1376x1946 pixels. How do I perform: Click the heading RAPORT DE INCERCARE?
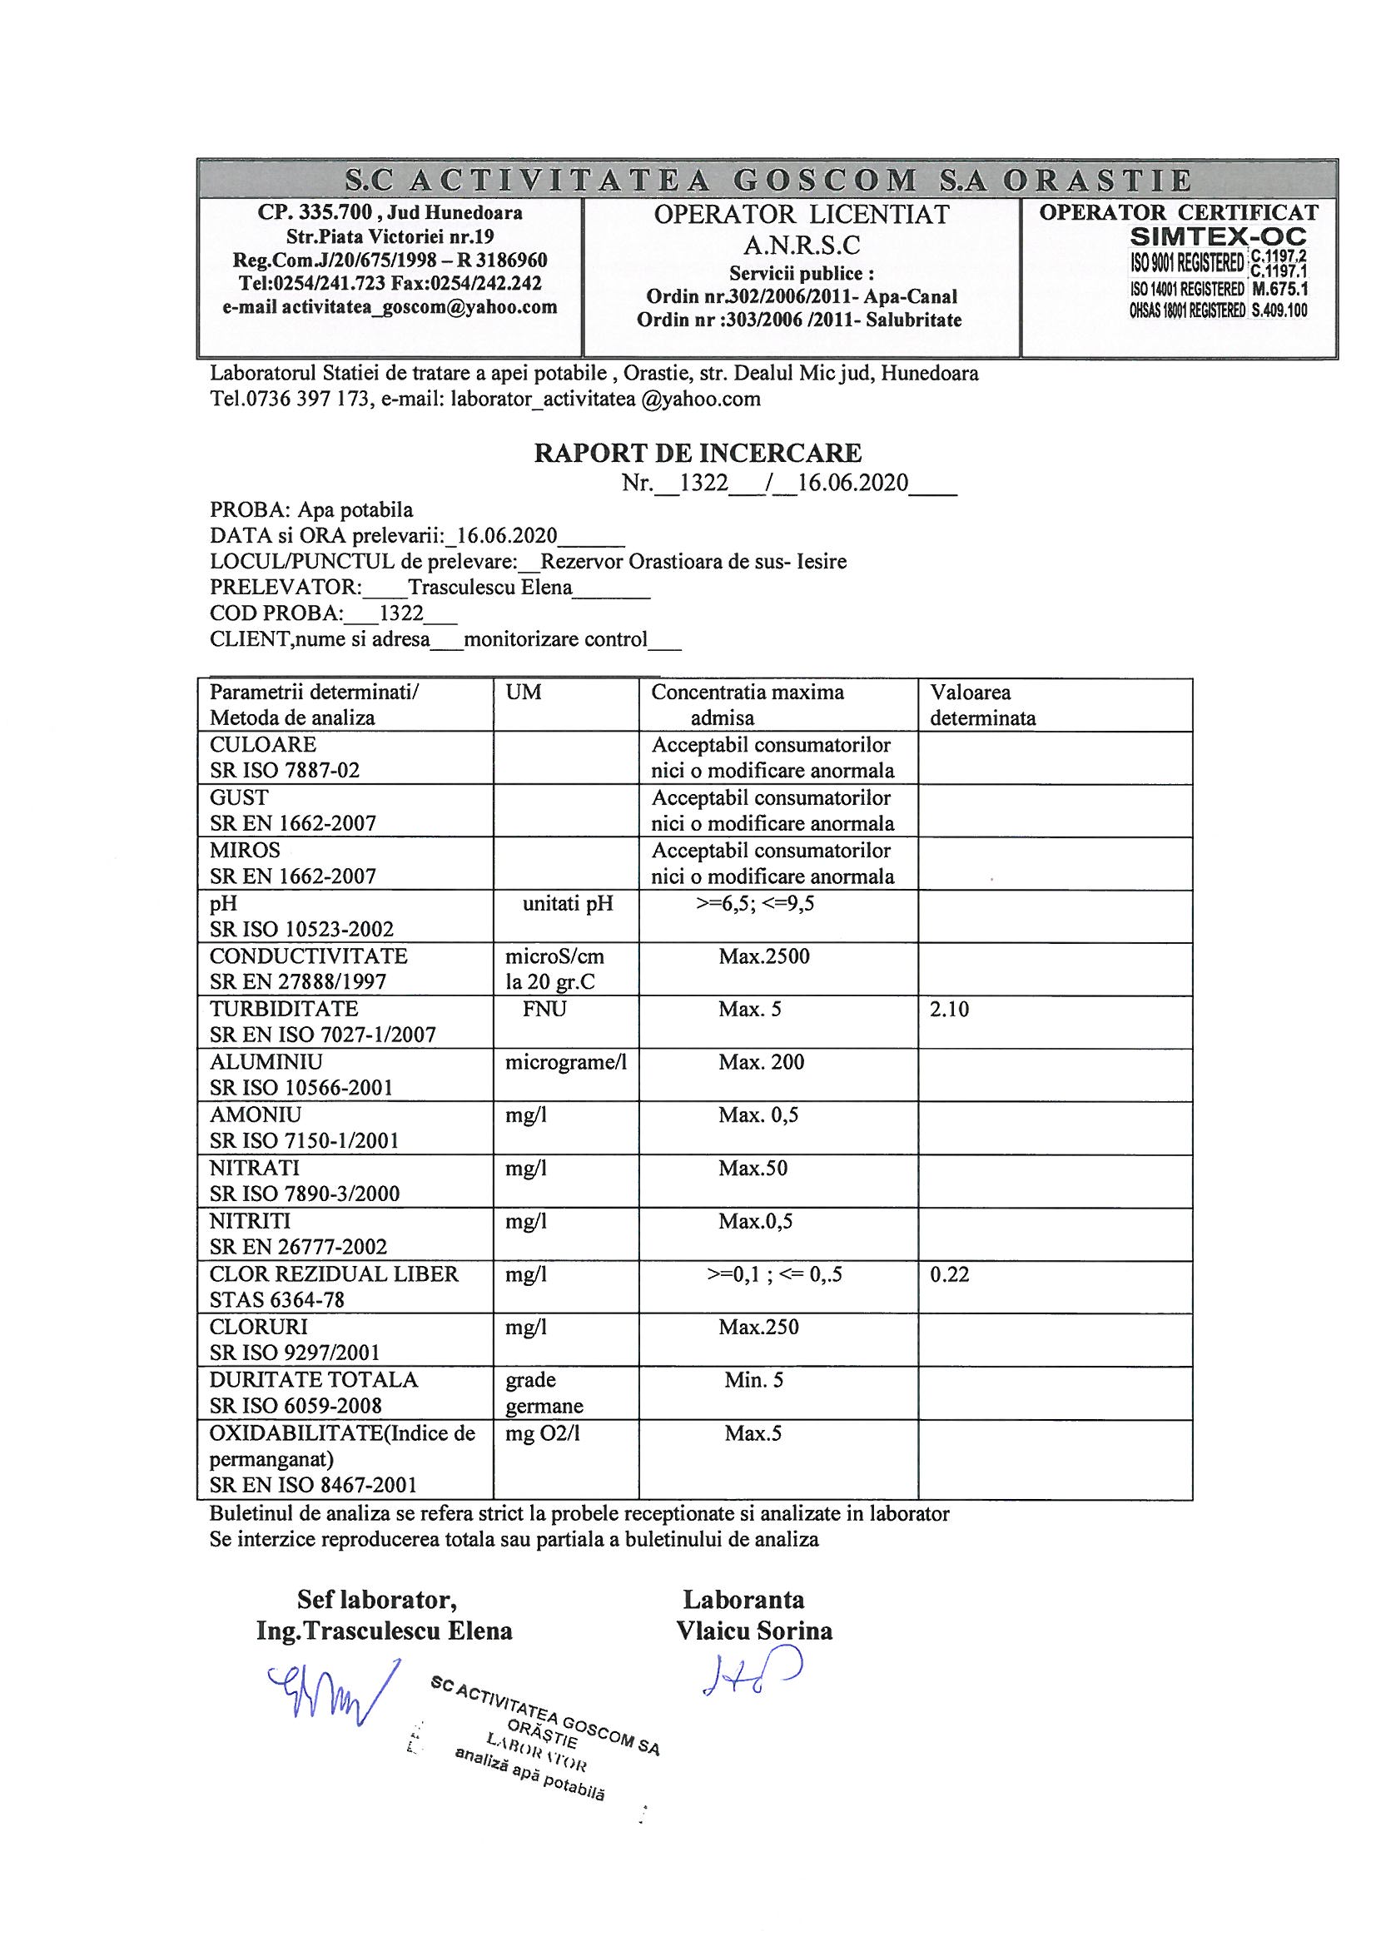click(x=697, y=453)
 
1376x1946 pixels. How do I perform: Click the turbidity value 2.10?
click(x=949, y=1009)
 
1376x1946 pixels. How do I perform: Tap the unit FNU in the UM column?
click(x=544, y=1009)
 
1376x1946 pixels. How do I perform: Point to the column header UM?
click(x=523, y=692)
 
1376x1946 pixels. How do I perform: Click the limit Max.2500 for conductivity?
click(x=764, y=956)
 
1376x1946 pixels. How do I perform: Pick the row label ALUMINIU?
click(x=266, y=1061)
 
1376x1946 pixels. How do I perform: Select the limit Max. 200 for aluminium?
click(x=762, y=1061)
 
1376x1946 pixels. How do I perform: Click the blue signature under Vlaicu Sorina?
click(x=751, y=1673)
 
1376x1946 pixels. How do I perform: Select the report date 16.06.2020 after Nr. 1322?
click(x=853, y=483)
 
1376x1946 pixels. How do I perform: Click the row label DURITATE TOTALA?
click(x=314, y=1379)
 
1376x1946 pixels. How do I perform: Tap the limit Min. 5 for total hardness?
click(x=753, y=1380)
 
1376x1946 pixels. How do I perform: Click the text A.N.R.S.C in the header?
click(x=801, y=246)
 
